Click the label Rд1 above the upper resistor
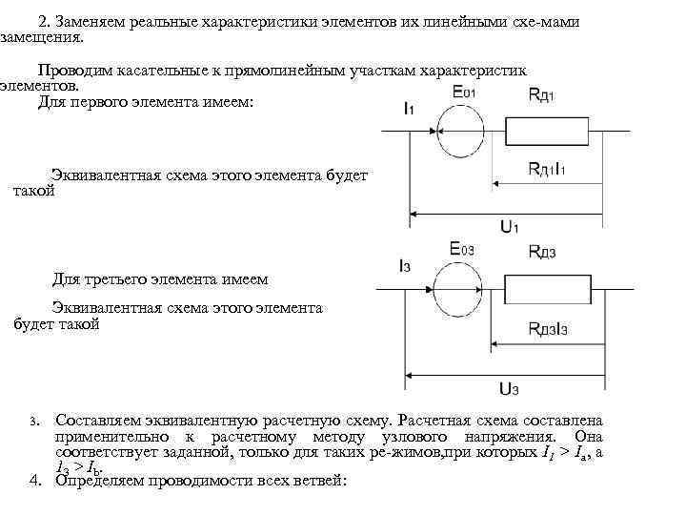tap(544, 93)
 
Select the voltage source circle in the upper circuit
tap(460, 131)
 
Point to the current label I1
tap(409, 109)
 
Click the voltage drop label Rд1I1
tap(547, 170)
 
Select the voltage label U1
tap(509, 226)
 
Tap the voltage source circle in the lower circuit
tap(459, 288)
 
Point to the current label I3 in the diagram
tap(407, 266)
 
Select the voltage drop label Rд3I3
tap(549, 328)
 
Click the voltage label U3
tap(509, 388)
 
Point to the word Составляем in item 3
tap(98, 421)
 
